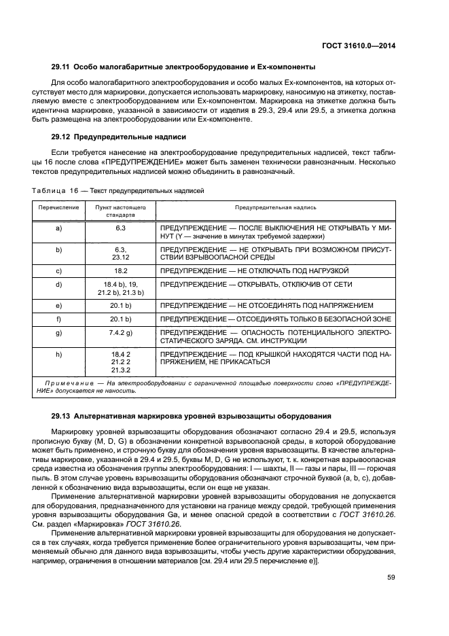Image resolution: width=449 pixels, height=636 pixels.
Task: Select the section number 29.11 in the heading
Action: [61, 67]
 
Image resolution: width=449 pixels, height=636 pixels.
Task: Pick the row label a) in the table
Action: [58, 229]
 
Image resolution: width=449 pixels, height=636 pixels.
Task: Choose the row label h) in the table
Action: [58, 354]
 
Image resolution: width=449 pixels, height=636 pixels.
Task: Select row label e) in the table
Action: [58, 305]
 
